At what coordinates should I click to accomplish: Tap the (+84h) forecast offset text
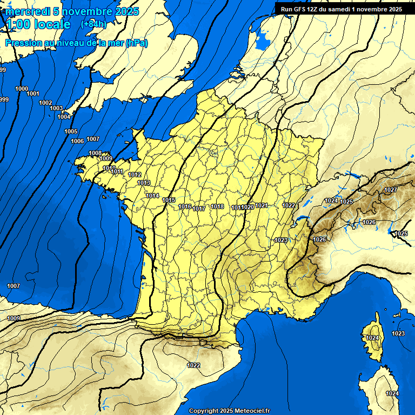[93, 24]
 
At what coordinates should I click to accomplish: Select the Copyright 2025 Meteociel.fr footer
[229, 411]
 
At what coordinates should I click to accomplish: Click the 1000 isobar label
[22, 89]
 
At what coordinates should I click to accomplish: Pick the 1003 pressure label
[56, 108]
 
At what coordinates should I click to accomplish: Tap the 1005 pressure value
[71, 132]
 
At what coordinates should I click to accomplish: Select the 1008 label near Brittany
[95, 153]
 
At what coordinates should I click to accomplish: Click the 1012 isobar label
[135, 175]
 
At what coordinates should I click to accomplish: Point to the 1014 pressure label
[152, 196]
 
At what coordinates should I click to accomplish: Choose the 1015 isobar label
[169, 200]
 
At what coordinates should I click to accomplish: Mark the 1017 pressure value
[199, 209]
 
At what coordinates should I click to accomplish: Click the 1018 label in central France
[217, 206]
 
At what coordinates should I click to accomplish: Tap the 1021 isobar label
[262, 205]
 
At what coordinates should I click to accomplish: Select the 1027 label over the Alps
[391, 190]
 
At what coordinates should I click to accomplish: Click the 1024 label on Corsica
[372, 338]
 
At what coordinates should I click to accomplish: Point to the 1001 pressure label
[33, 94]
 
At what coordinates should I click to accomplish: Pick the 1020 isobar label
[248, 207]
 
